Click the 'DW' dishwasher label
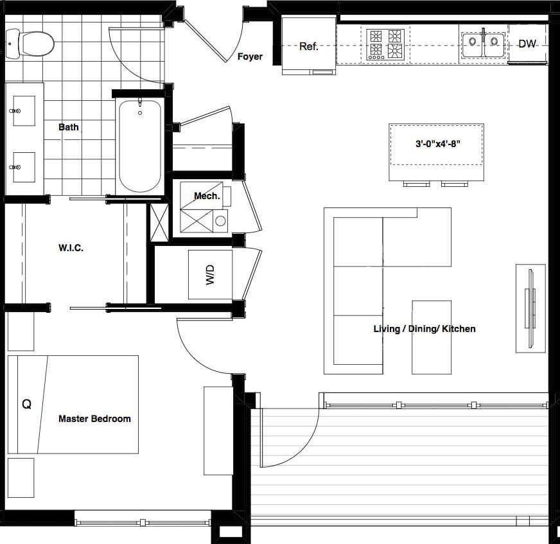pyautogui.click(x=527, y=44)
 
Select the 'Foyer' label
pyautogui.click(x=250, y=57)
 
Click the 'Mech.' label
pyautogui.click(x=207, y=196)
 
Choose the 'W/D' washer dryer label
pyautogui.click(x=209, y=275)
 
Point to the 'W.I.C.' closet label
pyautogui.click(x=71, y=247)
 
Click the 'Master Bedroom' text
pyautogui.click(x=94, y=419)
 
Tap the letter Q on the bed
pyautogui.click(x=26, y=405)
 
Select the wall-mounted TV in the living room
pyautogui.click(x=530, y=308)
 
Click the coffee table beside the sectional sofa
pyautogui.click(x=431, y=337)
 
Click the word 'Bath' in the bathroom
pyautogui.click(x=69, y=127)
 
